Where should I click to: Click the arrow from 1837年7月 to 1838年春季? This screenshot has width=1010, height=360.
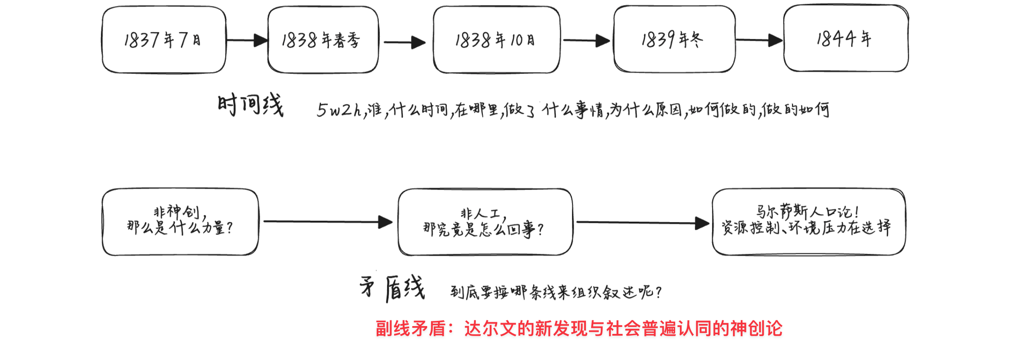pyautogui.click(x=247, y=40)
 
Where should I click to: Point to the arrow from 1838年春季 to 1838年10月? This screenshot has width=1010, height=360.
pyautogui.click(x=405, y=43)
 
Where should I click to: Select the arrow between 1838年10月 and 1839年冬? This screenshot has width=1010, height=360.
pyautogui.click(x=587, y=40)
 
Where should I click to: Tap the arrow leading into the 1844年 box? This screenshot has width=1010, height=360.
pyautogui.click(x=759, y=40)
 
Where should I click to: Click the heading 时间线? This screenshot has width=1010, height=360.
pyautogui.click(x=251, y=105)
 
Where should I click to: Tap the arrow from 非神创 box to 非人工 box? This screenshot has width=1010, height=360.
pyautogui.click(x=328, y=222)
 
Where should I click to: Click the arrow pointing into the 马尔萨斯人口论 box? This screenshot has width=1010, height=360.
pyautogui.click(x=643, y=223)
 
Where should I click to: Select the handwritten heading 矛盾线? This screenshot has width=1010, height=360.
pyautogui.click(x=392, y=288)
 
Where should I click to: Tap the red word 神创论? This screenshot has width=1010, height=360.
pyautogui.click(x=756, y=329)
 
